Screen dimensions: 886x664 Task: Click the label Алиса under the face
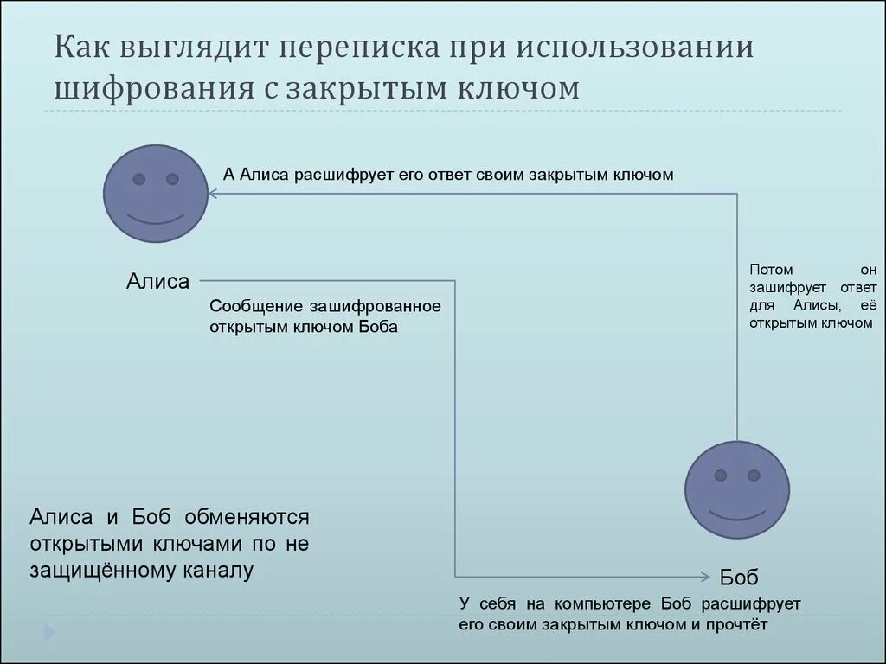[157, 280]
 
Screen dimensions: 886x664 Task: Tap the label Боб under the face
[739, 578]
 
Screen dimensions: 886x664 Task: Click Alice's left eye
[138, 179]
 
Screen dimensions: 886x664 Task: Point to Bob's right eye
[754, 476]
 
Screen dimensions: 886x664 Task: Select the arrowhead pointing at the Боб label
[706, 576]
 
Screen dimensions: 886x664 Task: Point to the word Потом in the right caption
[771, 270]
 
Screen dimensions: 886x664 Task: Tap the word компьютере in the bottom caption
[594, 603]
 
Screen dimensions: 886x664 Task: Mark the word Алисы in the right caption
[812, 305]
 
